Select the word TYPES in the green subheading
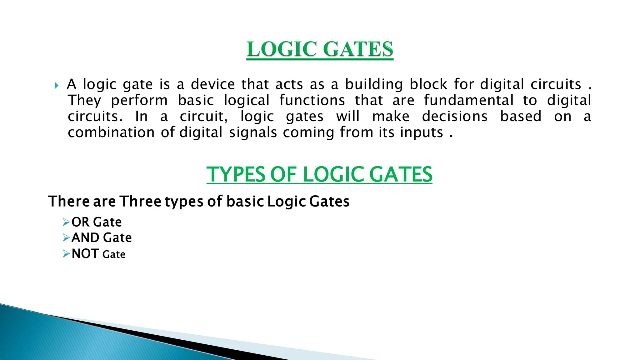pos(236,174)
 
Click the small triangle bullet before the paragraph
pos(56,85)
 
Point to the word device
pos(213,84)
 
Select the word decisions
pos(455,117)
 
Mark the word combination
pos(111,132)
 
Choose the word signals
pos(253,132)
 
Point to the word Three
pos(140,201)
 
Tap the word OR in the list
pos(81,222)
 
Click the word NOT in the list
pos(85,254)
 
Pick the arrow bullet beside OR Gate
pos(66,222)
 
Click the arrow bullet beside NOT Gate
pos(66,254)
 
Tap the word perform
pos(139,101)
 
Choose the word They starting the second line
pos(84,101)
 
